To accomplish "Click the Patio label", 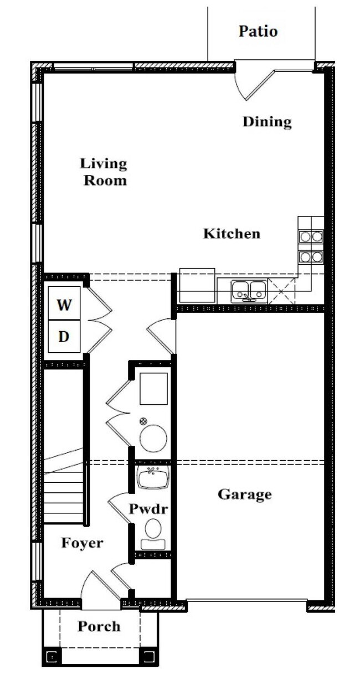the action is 258,31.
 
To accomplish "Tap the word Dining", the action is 267,122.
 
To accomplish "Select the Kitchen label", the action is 232,234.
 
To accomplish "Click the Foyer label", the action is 83,543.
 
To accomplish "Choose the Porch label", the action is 99,626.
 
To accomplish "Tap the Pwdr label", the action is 148,509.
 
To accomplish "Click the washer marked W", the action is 64,303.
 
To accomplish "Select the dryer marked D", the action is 64,336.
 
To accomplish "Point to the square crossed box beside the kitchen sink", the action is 281,291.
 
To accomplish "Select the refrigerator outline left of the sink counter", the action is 197,285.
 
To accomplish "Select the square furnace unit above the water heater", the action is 153,389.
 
